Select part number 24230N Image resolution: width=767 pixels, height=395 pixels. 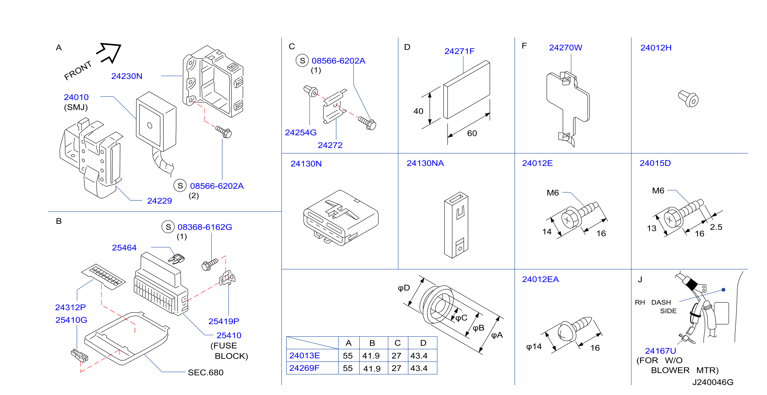coord(127,76)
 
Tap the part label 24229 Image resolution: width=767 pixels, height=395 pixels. coord(160,201)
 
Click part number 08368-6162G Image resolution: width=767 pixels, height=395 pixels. coord(205,227)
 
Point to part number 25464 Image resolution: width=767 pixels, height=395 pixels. coord(124,248)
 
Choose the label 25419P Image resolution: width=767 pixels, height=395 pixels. coord(224,321)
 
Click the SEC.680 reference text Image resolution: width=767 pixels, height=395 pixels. coord(206,372)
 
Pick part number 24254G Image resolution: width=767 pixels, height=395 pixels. coord(301,133)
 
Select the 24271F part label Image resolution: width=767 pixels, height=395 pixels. coord(459,51)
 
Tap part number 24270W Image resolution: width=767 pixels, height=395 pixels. coord(566,48)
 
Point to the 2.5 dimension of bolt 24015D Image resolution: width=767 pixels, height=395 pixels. coord(716,227)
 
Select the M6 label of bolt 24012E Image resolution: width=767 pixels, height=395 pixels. coord(553,193)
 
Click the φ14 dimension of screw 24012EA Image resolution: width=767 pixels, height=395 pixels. coord(534,347)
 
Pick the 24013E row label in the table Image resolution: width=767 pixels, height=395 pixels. coord(305,355)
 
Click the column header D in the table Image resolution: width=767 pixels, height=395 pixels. coord(423,343)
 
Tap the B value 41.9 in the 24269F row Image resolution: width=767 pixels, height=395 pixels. coord(372,368)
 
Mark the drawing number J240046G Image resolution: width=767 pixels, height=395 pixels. coord(713,382)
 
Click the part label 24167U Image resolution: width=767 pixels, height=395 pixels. coord(660,351)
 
